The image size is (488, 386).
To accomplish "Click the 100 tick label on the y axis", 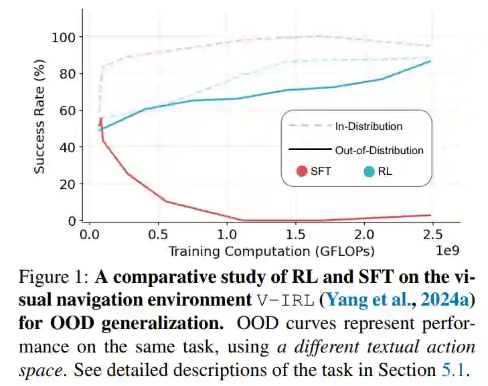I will click(x=66, y=37).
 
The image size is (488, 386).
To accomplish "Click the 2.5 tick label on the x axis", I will click(x=433, y=235).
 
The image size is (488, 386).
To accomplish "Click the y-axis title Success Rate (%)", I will click(x=40, y=117).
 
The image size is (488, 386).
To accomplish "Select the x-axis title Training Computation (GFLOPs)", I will click(x=271, y=251).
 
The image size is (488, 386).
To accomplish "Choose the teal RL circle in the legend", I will click(x=369, y=171).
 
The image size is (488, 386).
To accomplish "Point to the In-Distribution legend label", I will click(x=369, y=126).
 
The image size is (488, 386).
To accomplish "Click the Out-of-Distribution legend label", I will click(x=379, y=150).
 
